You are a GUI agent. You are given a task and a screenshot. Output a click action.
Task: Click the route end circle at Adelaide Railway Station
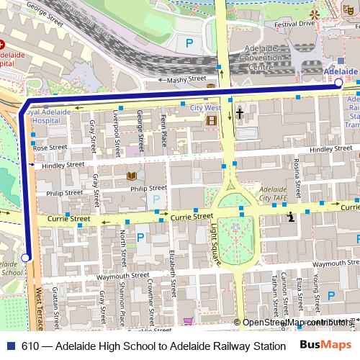point(339,84)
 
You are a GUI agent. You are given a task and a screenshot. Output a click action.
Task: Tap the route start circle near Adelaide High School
point(26,258)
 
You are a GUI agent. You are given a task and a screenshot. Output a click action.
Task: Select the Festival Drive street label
point(294,24)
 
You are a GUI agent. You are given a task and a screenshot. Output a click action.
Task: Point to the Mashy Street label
point(186,81)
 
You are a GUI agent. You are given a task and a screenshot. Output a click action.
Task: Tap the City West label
point(205,107)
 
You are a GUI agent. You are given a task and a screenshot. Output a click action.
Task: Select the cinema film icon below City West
point(211,120)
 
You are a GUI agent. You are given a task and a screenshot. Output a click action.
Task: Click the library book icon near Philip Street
point(131,175)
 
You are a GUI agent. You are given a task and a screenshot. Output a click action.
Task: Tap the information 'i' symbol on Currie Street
point(290,216)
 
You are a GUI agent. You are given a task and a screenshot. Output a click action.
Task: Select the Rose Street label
point(50,147)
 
